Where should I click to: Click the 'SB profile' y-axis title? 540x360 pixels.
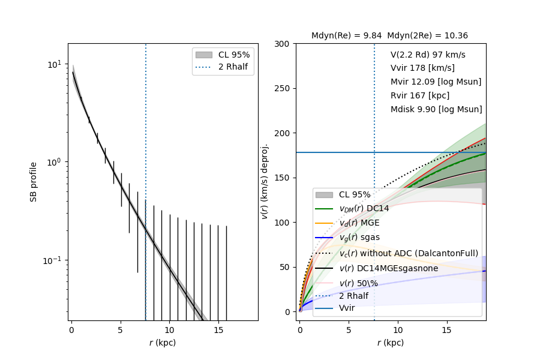tap(34, 181)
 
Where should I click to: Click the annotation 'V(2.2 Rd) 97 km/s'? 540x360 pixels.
tap(428, 55)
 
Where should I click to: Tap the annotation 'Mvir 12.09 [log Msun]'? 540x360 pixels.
tap(436, 82)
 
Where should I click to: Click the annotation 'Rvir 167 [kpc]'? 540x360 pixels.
tap(419, 96)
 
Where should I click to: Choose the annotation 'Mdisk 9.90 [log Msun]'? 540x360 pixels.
tap(436, 110)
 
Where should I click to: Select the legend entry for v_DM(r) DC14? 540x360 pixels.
tap(364, 209)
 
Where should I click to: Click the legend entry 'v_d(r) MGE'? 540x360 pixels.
tap(359, 223)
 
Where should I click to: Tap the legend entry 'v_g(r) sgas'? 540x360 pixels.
tap(359, 238)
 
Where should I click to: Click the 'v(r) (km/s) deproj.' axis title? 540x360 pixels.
tap(265, 181)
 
